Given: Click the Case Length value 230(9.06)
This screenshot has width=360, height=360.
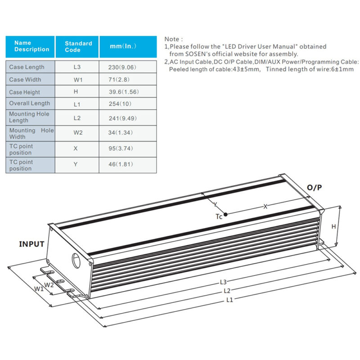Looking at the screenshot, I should click(x=122, y=67).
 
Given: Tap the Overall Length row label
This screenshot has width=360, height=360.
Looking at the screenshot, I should click(x=30, y=103).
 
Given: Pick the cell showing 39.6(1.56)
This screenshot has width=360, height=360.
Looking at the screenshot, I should click(x=122, y=92).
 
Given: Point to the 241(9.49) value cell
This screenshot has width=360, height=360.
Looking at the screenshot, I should click(x=122, y=118).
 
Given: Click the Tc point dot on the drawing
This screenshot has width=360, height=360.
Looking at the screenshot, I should click(x=225, y=215).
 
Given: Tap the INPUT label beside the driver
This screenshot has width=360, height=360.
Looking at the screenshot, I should click(x=31, y=244).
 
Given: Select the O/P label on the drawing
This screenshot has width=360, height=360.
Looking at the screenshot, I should click(x=314, y=188).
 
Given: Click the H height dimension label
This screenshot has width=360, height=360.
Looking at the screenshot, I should click(x=334, y=227).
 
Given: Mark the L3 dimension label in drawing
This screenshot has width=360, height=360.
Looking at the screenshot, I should click(x=223, y=282).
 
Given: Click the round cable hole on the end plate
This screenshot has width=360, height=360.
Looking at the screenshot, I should click(x=78, y=261).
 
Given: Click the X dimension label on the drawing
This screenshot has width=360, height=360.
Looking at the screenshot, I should click(x=265, y=206).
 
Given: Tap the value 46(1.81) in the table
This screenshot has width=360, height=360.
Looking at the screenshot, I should click(x=122, y=164).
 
